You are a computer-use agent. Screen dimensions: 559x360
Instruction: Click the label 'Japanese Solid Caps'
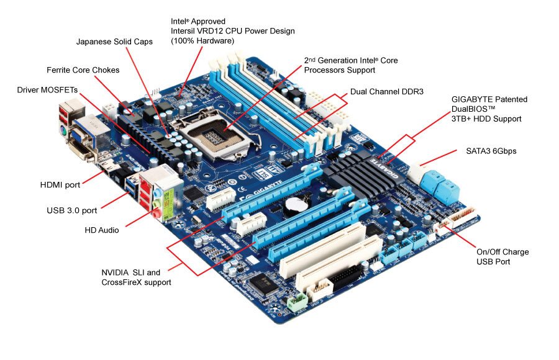click(x=114, y=42)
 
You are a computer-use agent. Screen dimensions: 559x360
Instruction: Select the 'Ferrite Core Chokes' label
click(x=83, y=70)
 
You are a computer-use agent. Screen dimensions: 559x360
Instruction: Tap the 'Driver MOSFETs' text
click(x=47, y=90)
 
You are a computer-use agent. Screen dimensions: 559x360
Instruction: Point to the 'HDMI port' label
click(x=60, y=185)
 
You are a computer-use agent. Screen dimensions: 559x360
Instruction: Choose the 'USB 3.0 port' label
click(x=71, y=210)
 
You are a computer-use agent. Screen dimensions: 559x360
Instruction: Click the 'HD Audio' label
click(x=102, y=230)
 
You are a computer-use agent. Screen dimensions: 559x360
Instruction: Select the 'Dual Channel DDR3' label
click(x=387, y=92)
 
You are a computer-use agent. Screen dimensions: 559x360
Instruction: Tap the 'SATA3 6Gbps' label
click(x=491, y=151)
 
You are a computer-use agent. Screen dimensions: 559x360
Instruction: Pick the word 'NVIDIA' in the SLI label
click(x=115, y=272)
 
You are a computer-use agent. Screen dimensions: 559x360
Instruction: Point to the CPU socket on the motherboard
click(x=213, y=136)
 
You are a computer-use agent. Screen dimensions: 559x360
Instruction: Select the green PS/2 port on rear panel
click(x=63, y=132)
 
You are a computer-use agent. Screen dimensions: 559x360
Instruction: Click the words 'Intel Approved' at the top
click(x=198, y=21)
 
